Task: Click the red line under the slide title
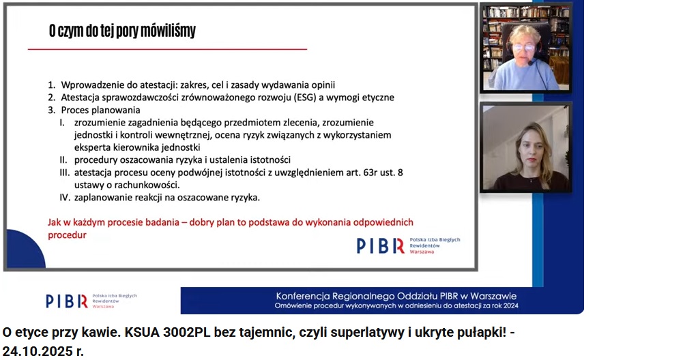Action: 167,49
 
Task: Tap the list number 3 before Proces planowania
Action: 52,110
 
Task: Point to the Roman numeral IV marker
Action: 65,197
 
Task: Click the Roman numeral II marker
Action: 63,160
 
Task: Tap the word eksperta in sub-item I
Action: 91,148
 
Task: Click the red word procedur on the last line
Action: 68,235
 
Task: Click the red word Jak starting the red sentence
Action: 54,222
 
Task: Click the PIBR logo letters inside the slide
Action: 380,245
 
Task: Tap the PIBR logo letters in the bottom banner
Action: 67,301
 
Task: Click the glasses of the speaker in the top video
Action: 523,47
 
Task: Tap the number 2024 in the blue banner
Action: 510,305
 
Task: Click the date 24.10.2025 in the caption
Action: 31,351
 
